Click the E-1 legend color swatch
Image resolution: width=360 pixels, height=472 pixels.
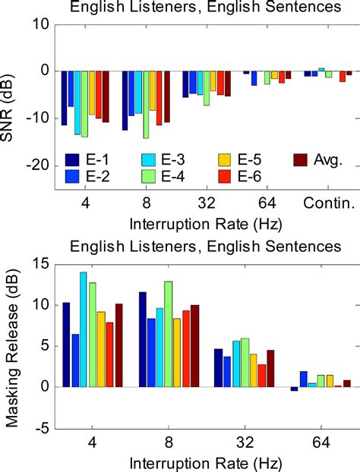click(73, 160)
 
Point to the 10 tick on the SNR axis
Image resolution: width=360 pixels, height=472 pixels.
click(41, 24)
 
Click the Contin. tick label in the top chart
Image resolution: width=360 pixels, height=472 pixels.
click(328, 203)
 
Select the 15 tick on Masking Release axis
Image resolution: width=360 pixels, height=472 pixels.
click(41, 263)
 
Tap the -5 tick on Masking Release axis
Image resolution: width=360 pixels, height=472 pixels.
click(43, 428)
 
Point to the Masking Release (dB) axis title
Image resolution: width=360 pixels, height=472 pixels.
click(13, 345)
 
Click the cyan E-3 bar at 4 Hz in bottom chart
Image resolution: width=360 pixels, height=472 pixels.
click(83, 329)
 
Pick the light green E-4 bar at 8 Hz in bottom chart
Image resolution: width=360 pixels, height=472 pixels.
click(169, 334)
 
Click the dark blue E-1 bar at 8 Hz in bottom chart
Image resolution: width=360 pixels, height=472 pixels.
click(142, 339)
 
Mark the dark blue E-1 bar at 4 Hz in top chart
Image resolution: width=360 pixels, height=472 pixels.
click(65, 98)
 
